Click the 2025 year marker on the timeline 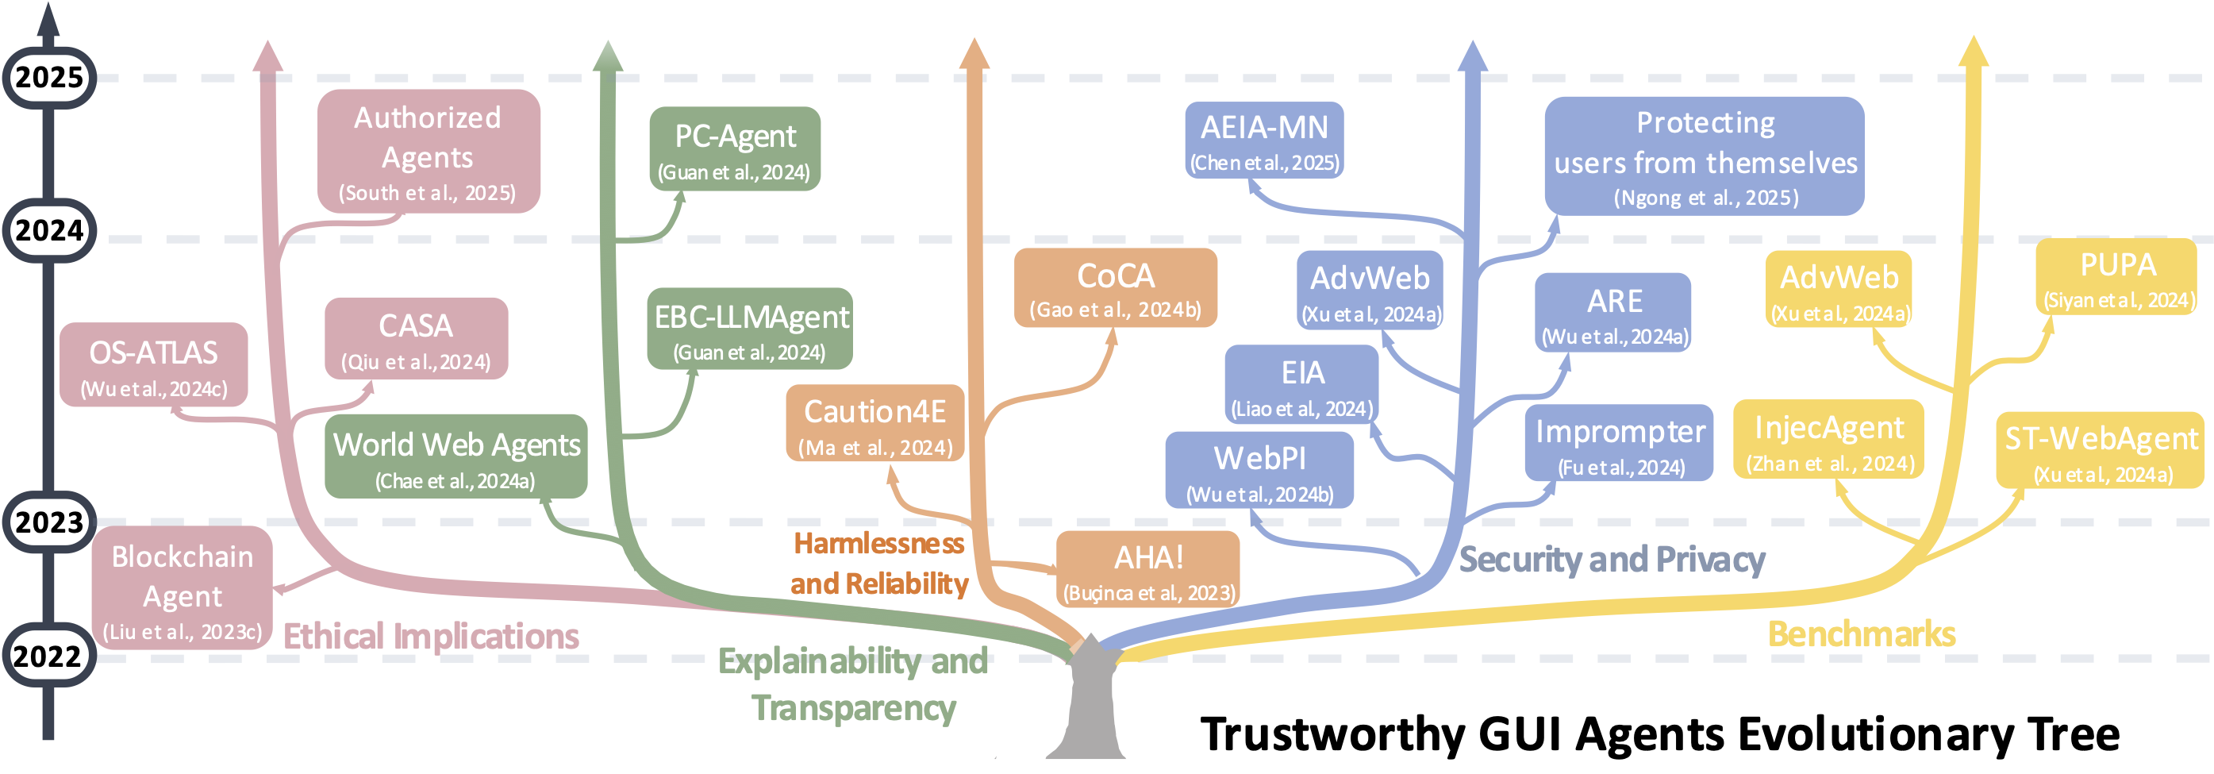pos(49,78)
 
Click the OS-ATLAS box pos(154,365)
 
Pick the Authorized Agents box pos(428,152)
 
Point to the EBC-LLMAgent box pos(751,329)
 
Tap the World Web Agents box pos(456,456)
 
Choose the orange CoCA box pos(1116,288)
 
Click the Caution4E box pos(875,424)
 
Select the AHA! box pos(1148,569)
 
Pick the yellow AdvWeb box pos(1839,290)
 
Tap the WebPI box pos(1259,471)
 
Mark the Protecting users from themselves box pos(1705,156)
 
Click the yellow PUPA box pos(2117,277)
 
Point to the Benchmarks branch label pos(1862,633)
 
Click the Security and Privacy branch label pos(1612,560)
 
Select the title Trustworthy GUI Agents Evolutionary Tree pos(1659,734)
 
